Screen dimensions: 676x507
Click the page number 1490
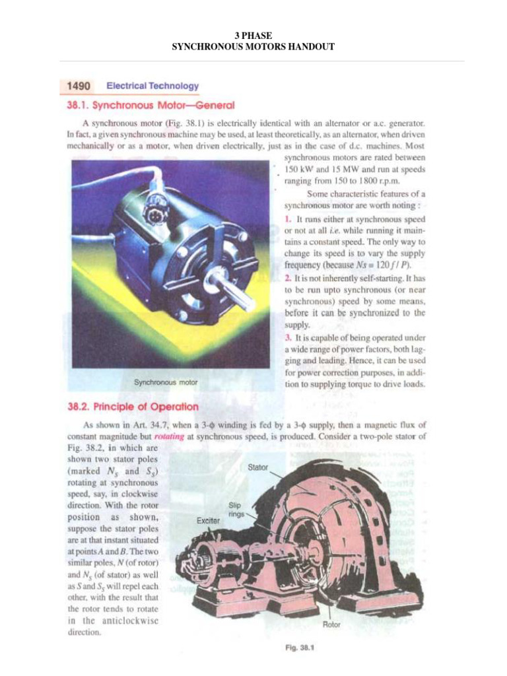point(78,86)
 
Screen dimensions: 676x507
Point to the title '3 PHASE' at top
point(253,35)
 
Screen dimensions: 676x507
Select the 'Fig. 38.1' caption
point(298,648)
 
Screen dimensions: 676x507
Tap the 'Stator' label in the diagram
point(257,467)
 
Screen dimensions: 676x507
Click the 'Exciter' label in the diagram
point(209,521)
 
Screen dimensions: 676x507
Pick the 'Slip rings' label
point(236,508)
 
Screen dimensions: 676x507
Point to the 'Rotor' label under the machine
point(331,624)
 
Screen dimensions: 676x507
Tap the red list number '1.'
point(288,219)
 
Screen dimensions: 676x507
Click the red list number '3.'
point(288,338)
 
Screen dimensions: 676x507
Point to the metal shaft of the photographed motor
point(233,292)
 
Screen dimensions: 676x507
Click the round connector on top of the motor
point(156,198)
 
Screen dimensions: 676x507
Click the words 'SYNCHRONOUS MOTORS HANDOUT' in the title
point(253,47)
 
